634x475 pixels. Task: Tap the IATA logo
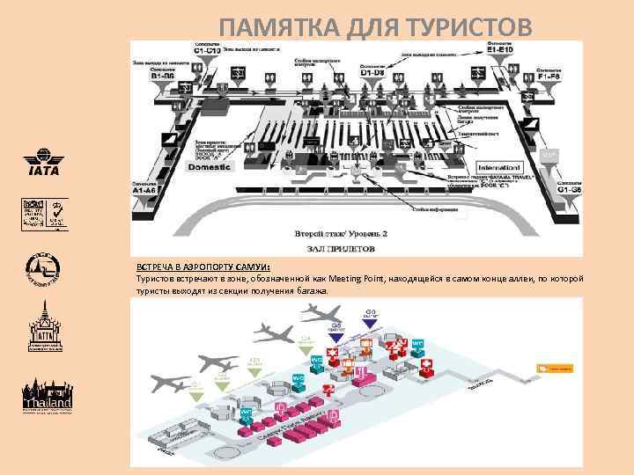tap(41, 166)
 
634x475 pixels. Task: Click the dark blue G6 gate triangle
tap(372, 320)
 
